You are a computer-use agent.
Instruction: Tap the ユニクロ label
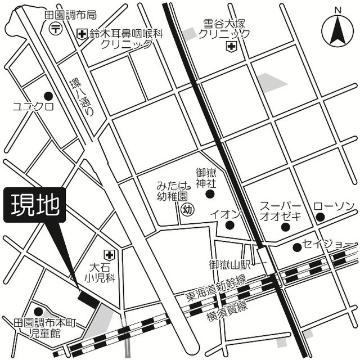34,106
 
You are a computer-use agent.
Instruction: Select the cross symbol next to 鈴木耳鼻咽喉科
83,34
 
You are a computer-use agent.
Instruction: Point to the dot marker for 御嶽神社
210,195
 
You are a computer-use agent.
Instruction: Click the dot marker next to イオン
229,225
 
